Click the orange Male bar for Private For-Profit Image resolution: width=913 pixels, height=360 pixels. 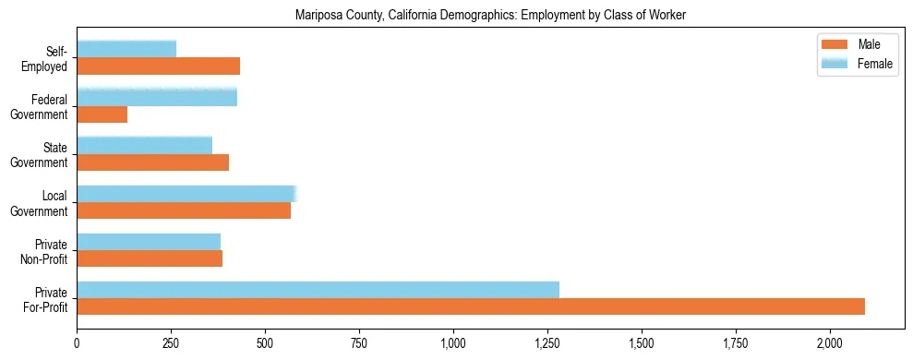tap(471, 306)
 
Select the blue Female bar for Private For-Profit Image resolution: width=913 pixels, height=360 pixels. tap(318, 290)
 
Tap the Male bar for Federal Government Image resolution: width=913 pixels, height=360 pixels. tap(102, 114)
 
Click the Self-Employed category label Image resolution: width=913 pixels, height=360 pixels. tap(48, 58)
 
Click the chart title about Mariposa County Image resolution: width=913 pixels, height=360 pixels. tap(490, 16)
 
